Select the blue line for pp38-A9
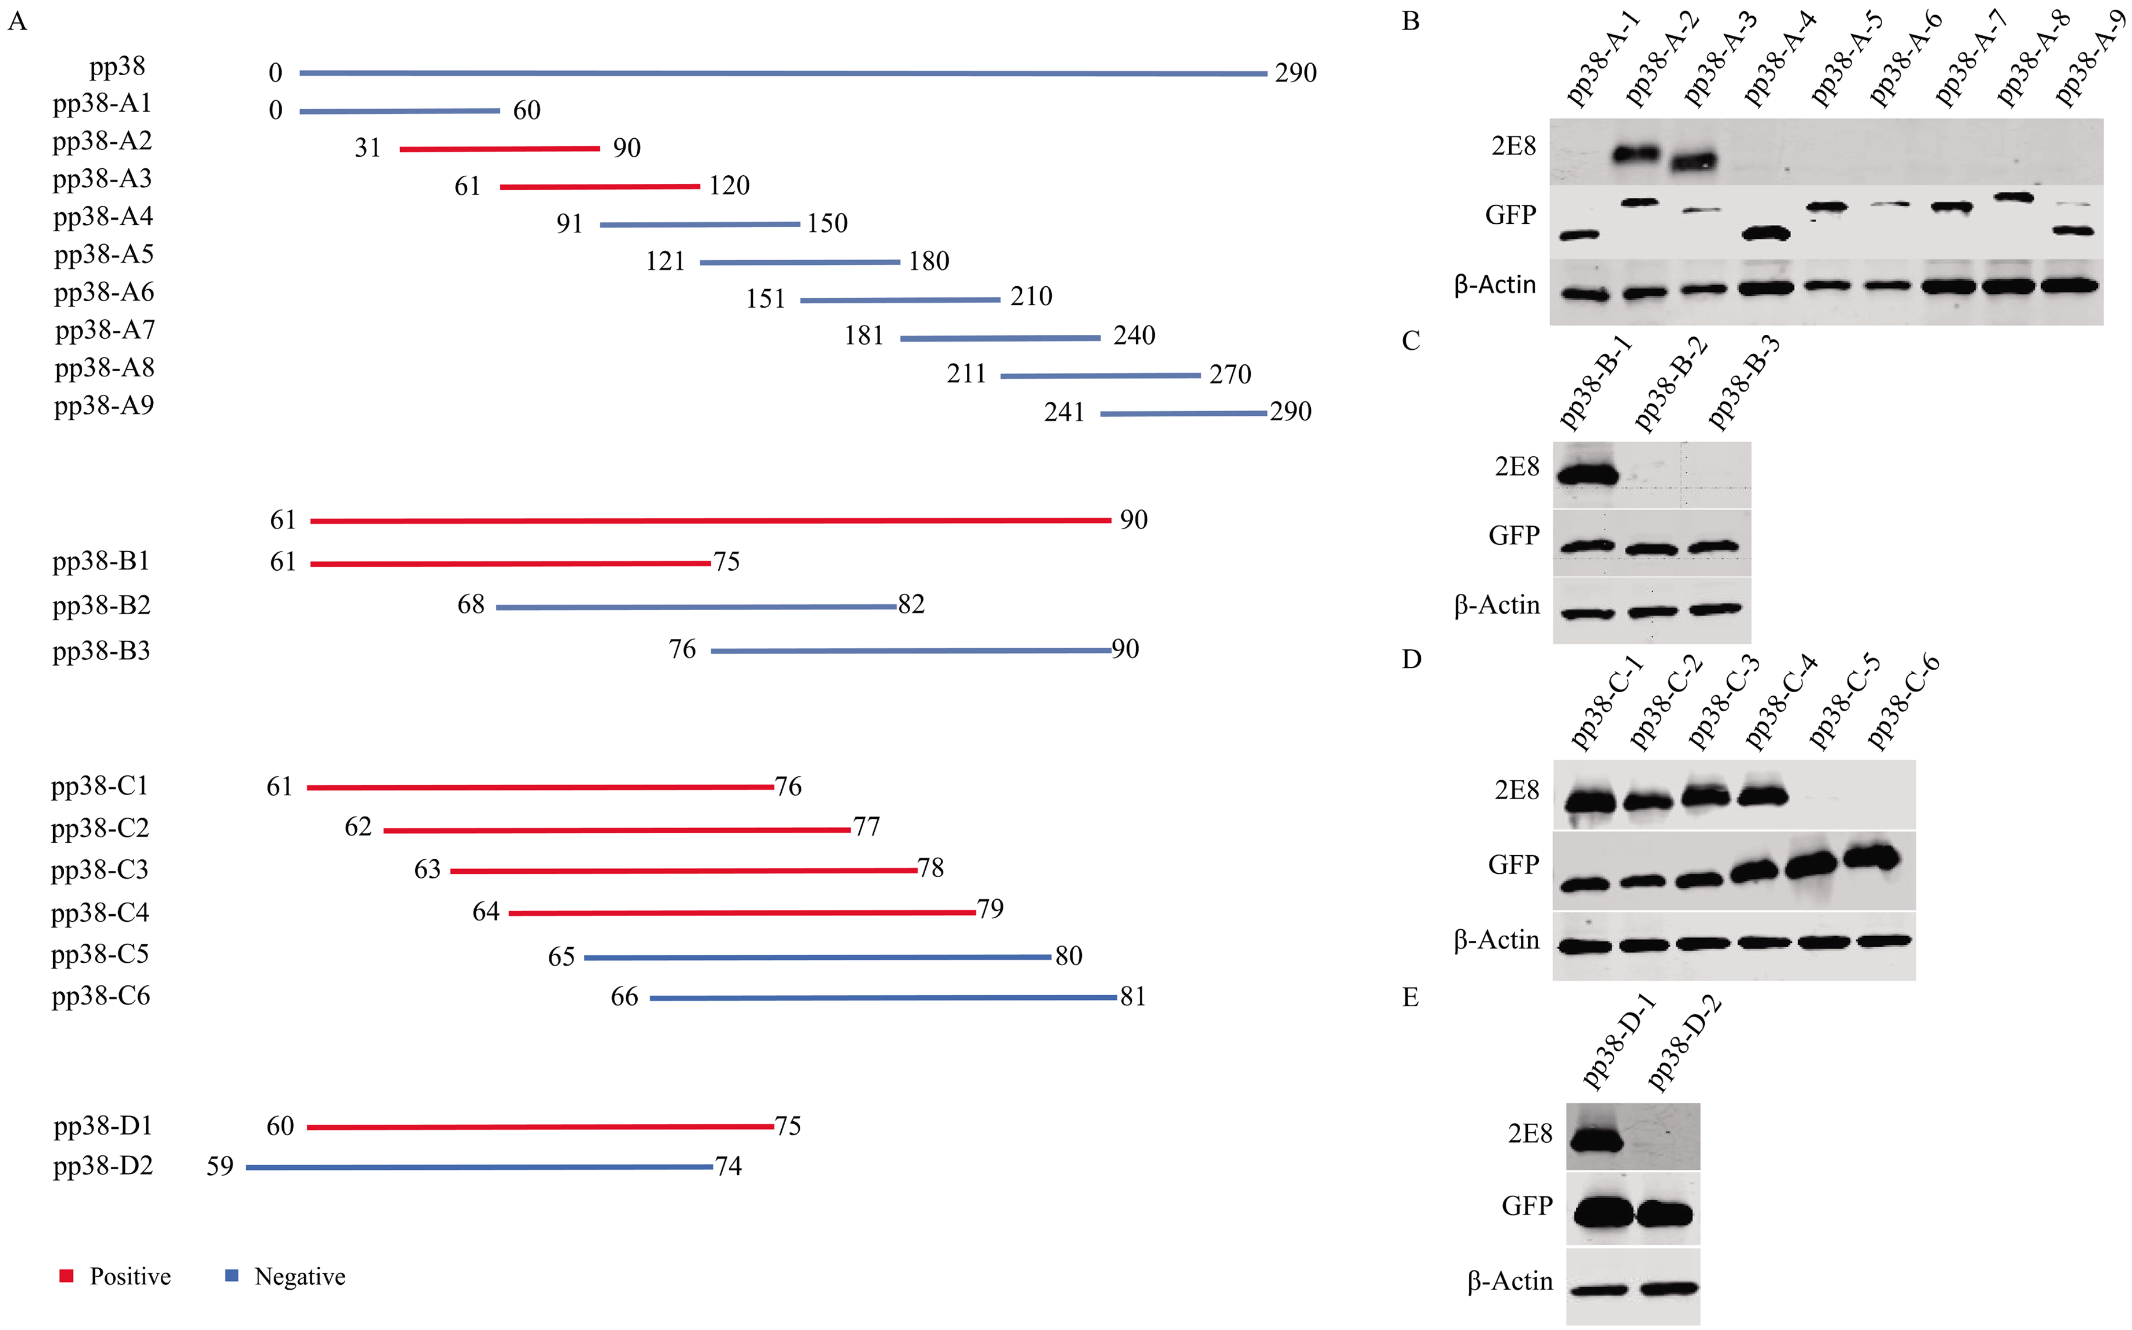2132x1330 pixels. [1183, 413]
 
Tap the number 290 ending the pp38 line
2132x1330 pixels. [1295, 73]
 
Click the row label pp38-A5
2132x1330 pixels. [104, 254]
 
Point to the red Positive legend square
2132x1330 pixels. [66, 1276]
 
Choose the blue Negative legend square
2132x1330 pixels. [232, 1276]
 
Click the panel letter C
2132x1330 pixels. [1411, 341]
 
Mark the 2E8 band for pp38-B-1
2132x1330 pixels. [1587, 475]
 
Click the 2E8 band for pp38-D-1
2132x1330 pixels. [1595, 1141]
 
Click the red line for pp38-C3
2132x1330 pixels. [683, 871]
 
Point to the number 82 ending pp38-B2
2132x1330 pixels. [911, 604]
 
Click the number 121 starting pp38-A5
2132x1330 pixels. [665, 261]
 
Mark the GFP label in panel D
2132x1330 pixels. [1513, 864]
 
